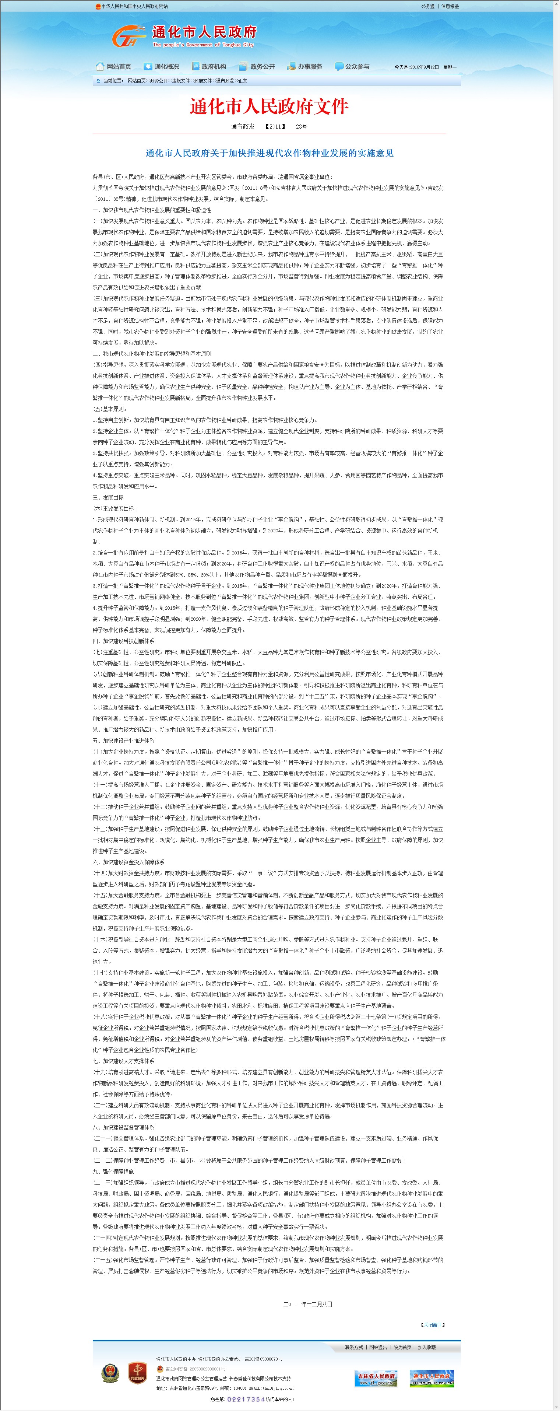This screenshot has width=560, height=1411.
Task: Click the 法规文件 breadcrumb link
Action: click(181, 81)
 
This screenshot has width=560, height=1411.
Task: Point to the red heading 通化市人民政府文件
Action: click(269, 106)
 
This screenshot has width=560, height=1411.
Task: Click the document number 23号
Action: click(301, 126)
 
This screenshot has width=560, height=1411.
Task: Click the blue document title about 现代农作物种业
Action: click(269, 153)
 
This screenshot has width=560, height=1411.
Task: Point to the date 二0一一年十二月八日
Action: click(308, 1304)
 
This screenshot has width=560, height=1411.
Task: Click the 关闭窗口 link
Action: click(433, 1324)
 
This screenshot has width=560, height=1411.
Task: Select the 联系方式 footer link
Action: click(353, 1347)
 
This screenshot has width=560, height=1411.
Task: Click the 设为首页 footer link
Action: click(402, 1347)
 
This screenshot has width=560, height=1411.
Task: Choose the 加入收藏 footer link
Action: click(427, 1347)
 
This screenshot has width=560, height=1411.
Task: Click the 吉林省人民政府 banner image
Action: click(377, 1378)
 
